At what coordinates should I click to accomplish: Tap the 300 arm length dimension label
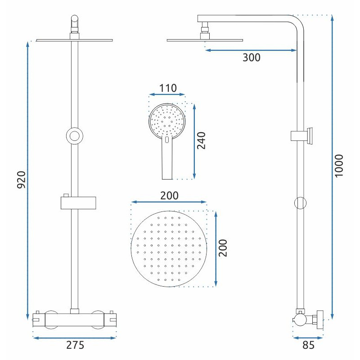pos(251,58)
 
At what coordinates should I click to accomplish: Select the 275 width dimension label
pos(75,346)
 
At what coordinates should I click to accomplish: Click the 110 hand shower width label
pos(167,87)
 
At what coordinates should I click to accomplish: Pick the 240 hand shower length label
pos(201,141)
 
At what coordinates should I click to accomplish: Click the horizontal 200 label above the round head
pos(169,195)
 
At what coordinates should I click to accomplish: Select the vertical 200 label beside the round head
pos(224,247)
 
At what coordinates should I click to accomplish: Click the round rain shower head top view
pos(169,248)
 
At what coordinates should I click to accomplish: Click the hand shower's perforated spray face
pos(167,120)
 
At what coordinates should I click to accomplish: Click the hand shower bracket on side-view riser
pos(302,136)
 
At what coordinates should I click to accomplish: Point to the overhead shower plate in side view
pos(204,40)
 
